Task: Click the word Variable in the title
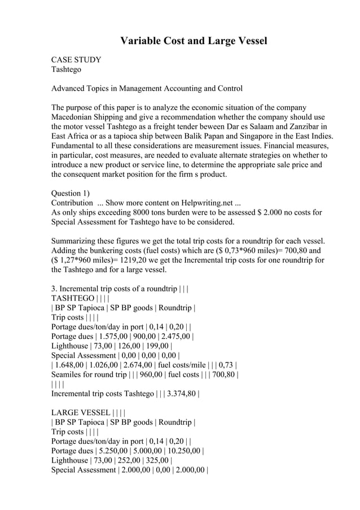click(142, 41)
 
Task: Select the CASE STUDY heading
click(76, 59)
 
